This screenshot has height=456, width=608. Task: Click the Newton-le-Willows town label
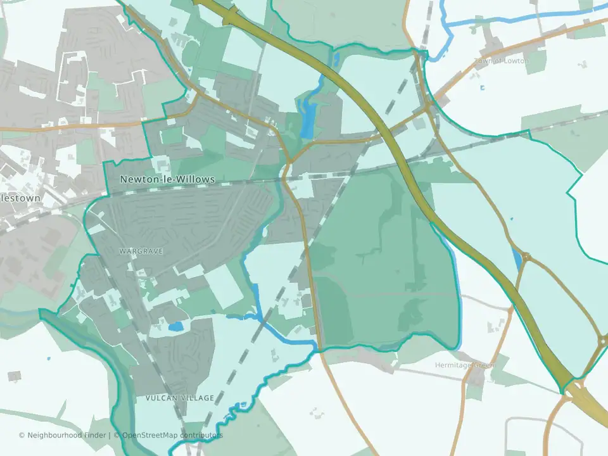(x=167, y=180)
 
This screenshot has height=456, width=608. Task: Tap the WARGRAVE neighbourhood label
(x=141, y=251)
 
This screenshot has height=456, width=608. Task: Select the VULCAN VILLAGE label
(x=179, y=398)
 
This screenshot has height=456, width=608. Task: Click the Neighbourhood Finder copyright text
(x=64, y=435)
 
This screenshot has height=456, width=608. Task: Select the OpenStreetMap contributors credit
(x=172, y=435)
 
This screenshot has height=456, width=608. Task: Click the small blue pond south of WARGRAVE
(x=175, y=327)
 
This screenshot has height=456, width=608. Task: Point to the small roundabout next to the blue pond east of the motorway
(x=526, y=258)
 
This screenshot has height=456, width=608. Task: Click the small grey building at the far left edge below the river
(x=14, y=376)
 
